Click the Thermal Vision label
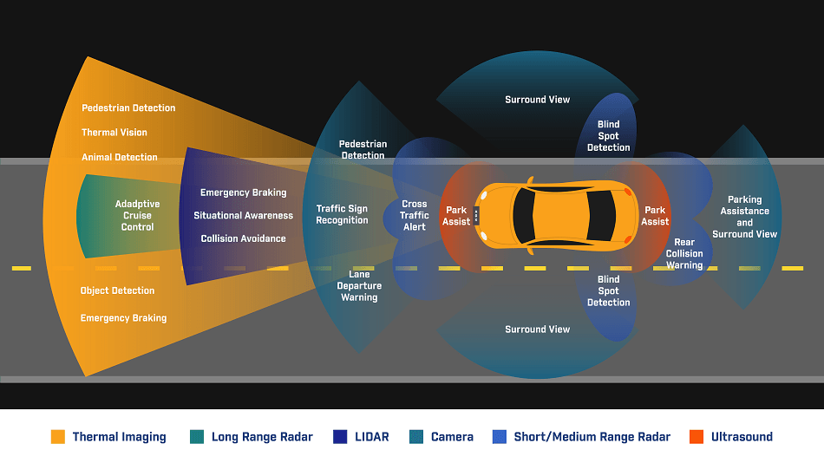114,133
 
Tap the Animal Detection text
120,157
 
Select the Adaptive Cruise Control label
137,216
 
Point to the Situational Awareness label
244,216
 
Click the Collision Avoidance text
244,238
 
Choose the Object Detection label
117,290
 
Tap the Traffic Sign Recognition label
342,214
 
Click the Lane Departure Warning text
359,286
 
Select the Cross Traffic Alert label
415,216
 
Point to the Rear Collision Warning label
684,254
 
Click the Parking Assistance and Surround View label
745,217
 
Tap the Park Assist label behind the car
655,216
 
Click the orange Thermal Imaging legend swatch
58,437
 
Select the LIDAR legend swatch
340,437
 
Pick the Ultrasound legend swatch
696,437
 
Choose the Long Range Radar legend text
262,437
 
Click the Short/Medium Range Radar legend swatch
500,437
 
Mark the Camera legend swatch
416,437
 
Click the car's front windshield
523,216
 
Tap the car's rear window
601,216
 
